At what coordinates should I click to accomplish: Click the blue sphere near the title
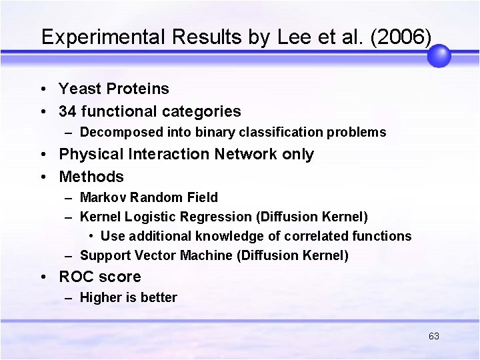coord(439,56)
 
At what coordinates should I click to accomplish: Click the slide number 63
coord(434,336)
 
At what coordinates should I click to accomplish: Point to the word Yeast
coord(78,89)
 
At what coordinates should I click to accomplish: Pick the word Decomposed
coord(113,133)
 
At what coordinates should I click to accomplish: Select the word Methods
coord(91,177)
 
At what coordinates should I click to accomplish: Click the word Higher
coord(100,298)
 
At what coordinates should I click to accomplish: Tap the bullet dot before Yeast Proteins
coord(43,89)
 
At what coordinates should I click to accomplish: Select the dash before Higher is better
coord(69,298)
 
